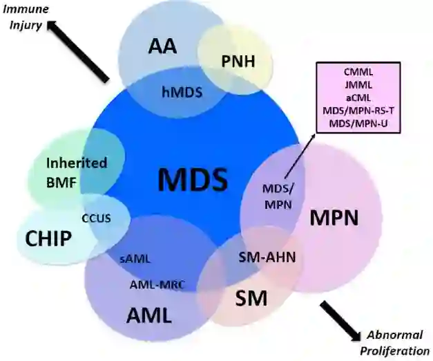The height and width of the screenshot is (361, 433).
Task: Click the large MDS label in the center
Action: pos(192,180)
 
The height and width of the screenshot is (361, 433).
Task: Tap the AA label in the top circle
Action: pos(162,47)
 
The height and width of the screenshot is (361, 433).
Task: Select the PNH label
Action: pos(238,62)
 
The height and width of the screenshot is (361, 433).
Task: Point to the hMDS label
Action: pos(182,90)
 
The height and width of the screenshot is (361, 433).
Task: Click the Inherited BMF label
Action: pos(77,172)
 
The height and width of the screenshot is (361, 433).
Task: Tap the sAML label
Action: pos(135,259)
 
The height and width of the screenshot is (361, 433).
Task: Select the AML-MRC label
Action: pos(156,285)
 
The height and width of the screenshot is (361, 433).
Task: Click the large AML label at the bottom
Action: pos(148,315)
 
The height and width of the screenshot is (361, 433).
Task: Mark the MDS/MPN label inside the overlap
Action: pos(276,196)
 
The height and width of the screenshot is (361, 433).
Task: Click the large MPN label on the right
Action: pos(334,218)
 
